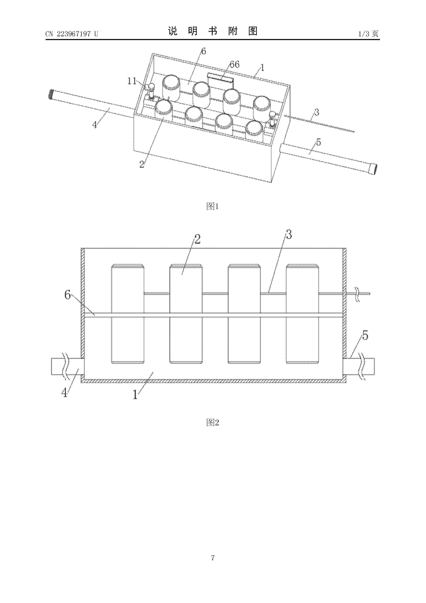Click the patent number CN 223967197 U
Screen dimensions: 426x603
coord(72,34)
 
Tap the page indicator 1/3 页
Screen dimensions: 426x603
coord(368,34)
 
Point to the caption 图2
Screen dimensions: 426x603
coord(213,423)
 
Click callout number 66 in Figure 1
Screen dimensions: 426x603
coord(234,64)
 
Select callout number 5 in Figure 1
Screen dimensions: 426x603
coord(318,142)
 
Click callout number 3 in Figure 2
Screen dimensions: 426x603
coord(289,234)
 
